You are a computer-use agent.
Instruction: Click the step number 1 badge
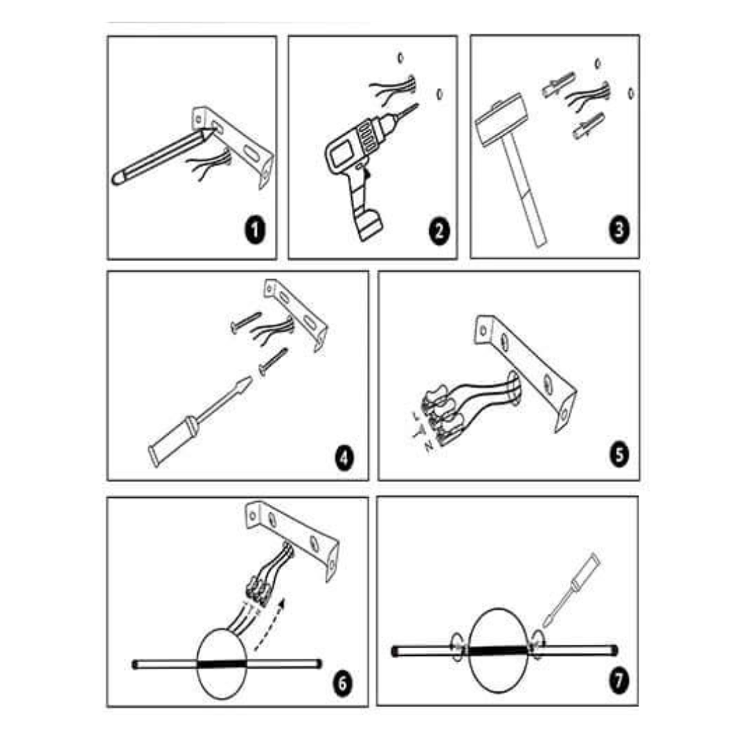[255, 231]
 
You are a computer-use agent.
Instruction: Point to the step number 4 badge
[344, 456]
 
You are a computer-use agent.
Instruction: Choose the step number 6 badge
[342, 683]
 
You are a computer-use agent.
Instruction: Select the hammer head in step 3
[499, 125]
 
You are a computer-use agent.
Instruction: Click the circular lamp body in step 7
[499, 651]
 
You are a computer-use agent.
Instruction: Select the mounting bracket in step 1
[239, 142]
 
